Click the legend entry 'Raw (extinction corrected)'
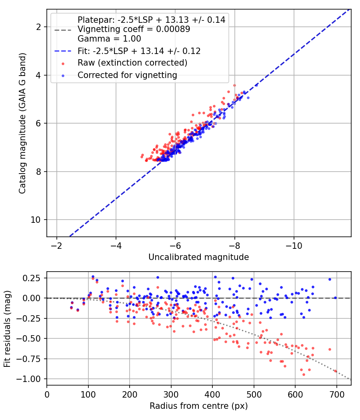point(132,63)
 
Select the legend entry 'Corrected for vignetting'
point(127,75)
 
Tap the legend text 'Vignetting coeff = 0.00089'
point(134,29)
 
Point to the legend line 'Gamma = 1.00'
point(109,38)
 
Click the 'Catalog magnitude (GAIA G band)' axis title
point(22,123)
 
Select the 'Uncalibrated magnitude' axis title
point(198,257)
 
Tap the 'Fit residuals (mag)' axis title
point(7,329)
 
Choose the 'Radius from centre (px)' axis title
point(198,406)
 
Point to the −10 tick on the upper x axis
point(294,246)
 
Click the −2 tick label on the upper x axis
point(56,246)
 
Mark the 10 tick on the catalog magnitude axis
point(35,220)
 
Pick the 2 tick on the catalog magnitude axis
point(38,27)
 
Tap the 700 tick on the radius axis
point(336,394)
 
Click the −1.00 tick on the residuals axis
point(28,379)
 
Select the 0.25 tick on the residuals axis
point(31,278)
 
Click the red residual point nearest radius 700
point(335,371)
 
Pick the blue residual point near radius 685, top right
point(330,279)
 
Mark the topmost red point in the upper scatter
point(234,86)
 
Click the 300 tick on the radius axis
point(171,394)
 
